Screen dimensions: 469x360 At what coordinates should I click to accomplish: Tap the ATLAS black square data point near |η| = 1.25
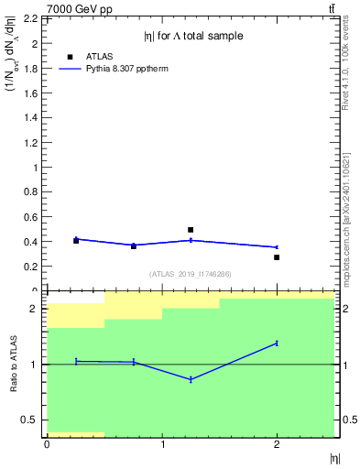point(191,230)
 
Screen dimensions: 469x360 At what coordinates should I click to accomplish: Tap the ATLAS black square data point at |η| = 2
point(277,257)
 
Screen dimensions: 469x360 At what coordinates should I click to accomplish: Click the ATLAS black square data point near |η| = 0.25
point(76,240)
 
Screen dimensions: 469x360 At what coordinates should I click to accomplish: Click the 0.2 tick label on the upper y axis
point(30,267)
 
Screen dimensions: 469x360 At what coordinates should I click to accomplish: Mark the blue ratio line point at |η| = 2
point(277,343)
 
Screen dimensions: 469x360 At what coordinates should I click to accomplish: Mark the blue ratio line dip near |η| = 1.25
point(191,379)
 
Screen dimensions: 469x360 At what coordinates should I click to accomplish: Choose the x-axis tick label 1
point(162,444)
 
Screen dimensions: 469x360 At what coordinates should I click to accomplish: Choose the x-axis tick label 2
point(278,444)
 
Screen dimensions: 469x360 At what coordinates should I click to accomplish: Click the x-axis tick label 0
point(47,444)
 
